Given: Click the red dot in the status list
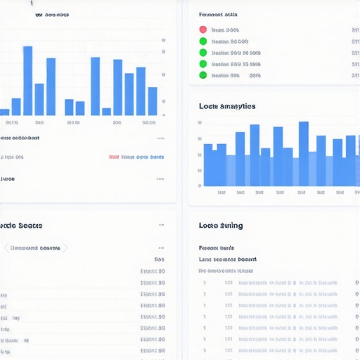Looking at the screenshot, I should click(x=203, y=30).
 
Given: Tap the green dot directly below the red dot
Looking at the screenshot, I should click(x=203, y=41).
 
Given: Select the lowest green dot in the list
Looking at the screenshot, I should click(x=203, y=75).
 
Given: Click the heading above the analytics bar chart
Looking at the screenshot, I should click(x=227, y=106).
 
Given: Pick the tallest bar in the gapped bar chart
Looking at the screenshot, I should click(x=28, y=80).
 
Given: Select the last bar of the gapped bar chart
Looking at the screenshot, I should click(x=153, y=101).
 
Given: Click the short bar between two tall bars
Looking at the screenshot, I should click(x=106, y=111).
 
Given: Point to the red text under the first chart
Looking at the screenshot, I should click(x=114, y=157).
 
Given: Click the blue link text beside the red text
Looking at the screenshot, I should click(x=143, y=157).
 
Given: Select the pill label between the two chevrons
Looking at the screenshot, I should click(x=36, y=247).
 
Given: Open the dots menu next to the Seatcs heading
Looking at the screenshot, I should click(x=161, y=226).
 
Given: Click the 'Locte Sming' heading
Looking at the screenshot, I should click(x=221, y=225).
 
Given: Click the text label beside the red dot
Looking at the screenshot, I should click(x=225, y=30).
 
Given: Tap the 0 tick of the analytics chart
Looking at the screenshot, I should click(x=200, y=186).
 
